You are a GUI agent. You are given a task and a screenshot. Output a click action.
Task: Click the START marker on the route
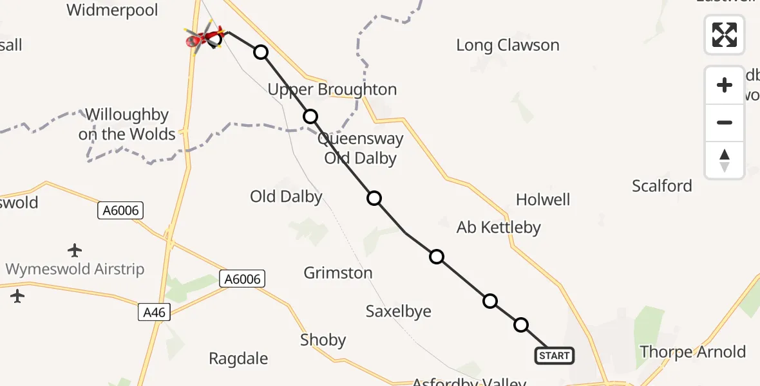click(x=554, y=356)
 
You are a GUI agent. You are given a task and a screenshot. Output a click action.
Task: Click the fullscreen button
click(x=725, y=35)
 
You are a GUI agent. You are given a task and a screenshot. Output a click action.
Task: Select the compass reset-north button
click(x=725, y=160)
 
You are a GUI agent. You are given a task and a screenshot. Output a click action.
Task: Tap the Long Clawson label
click(x=508, y=46)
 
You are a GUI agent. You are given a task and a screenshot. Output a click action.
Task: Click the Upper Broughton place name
click(x=332, y=89)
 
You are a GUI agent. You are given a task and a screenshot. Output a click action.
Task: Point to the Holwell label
click(x=543, y=199)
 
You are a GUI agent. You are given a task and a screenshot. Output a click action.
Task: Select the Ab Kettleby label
click(x=499, y=227)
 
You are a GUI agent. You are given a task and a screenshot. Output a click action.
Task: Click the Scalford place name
click(x=661, y=186)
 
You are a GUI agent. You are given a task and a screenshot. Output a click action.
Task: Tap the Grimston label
click(x=338, y=273)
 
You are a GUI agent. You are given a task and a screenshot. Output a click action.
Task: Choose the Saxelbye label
click(x=398, y=311)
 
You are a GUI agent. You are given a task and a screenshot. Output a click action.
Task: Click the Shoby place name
click(x=323, y=340)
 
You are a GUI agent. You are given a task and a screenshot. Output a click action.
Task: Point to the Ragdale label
click(x=238, y=358)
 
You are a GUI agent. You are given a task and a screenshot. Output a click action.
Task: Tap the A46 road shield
click(x=154, y=313)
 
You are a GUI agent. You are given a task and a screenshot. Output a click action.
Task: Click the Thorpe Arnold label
click(x=692, y=352)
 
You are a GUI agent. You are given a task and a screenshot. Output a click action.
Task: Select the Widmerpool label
click(x=112, y=10)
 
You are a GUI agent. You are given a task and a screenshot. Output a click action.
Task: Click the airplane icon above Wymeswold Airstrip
click(x=75, y=250)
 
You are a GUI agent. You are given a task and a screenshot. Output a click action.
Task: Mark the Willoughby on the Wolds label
click(x=127, y=125)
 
